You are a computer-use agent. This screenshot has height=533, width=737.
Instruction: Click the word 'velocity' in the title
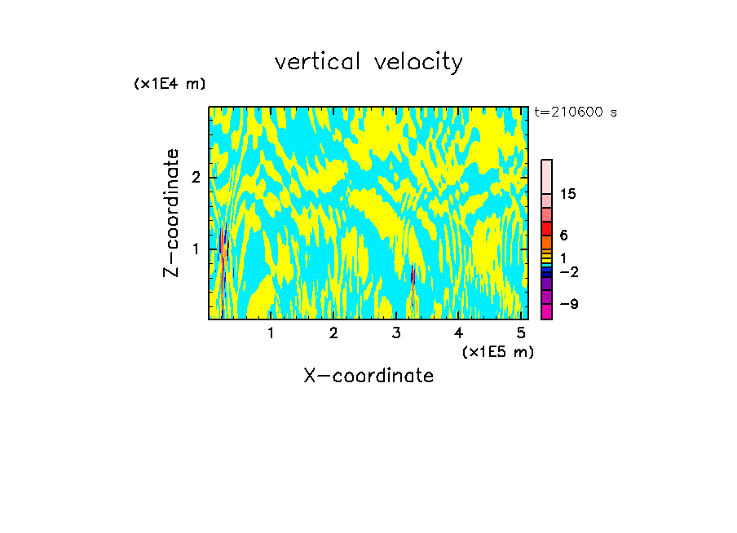421,62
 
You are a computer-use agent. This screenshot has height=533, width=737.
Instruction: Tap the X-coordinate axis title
368,376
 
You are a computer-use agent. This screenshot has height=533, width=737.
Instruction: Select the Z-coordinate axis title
171,213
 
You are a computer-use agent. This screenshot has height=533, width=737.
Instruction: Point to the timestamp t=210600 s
576,112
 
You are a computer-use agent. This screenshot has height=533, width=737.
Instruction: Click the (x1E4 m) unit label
170,84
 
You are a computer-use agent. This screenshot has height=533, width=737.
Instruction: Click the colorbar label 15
568,194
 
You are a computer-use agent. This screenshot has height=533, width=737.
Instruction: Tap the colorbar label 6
563,235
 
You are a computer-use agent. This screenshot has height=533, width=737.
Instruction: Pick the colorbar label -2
569,271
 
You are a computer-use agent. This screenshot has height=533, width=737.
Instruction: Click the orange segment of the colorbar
546,242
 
